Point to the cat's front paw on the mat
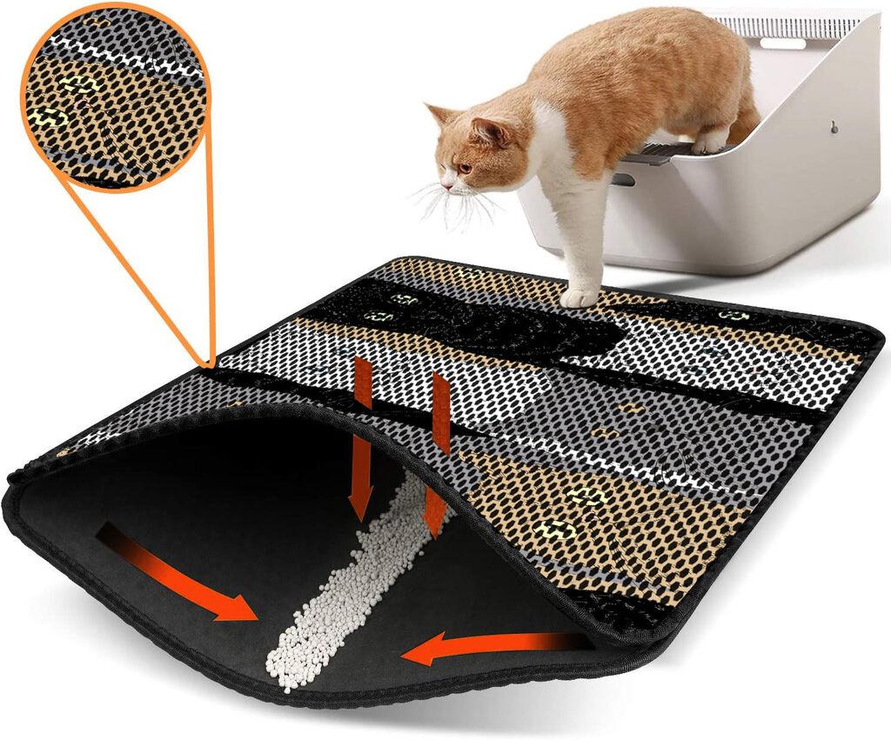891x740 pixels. coord(579,297)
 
